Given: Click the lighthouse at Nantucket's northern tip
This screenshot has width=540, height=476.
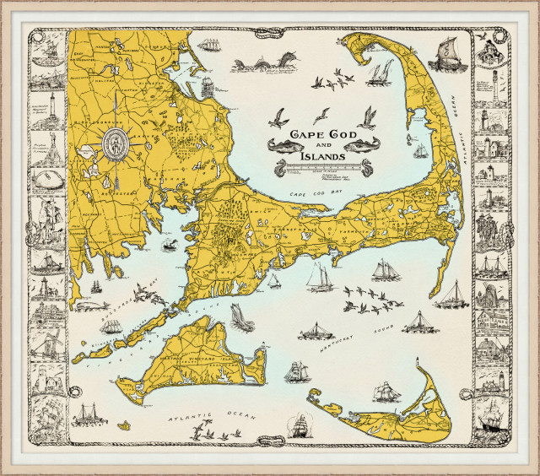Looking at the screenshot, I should (x=418, y=365).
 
